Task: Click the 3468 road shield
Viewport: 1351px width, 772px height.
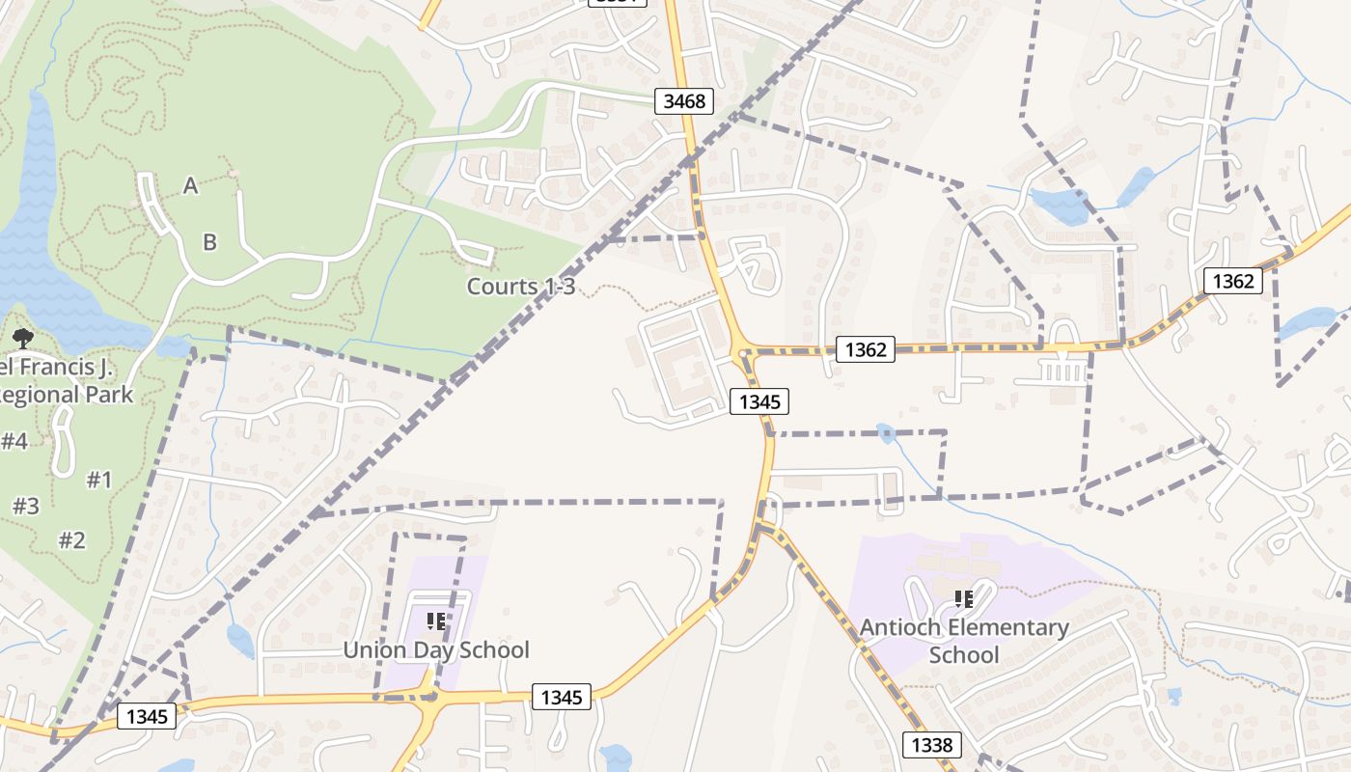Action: point(685,100)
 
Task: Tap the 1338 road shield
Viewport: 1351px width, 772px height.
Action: point(931,744)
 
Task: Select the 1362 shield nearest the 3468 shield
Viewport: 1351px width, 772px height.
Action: point(865,349)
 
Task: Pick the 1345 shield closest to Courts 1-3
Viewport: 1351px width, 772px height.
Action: point(759,400)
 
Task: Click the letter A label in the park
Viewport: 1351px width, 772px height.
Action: point(191,185)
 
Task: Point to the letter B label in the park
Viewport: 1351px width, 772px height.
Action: point(209,242)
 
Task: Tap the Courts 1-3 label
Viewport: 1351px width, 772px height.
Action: point(521,287)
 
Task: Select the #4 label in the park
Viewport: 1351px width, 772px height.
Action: point(14,442)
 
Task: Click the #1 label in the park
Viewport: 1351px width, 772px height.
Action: point(99,480)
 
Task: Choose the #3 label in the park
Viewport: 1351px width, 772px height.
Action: point(25,506)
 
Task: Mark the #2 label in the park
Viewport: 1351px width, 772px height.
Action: point(71,539)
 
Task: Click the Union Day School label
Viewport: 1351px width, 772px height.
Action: point(436,649)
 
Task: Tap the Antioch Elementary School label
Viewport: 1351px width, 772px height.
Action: point(964,642)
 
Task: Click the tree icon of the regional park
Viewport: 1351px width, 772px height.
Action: point(22,338)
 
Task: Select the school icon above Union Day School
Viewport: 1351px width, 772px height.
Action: point(436,620)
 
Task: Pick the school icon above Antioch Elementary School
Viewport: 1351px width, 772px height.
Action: point(963,599)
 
